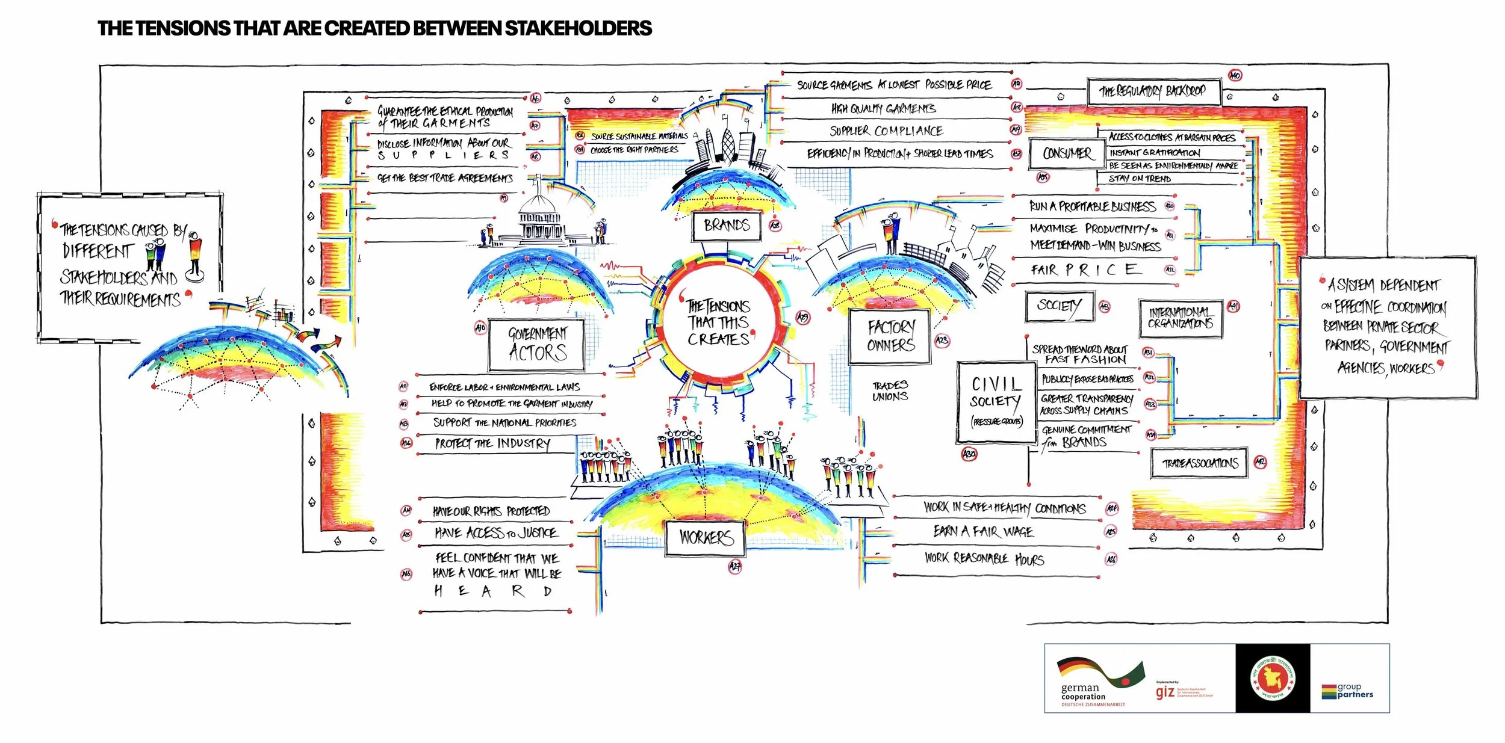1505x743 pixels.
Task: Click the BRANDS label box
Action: click(727, 226)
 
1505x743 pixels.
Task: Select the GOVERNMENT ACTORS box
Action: click(537, 344)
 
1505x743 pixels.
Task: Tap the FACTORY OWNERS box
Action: click(890, 336)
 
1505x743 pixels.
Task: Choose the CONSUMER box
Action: click(1067, 153)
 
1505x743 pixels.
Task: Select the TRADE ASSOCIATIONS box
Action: click(1199, 463)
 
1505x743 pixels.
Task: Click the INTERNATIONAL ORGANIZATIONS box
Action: click(1180, 318)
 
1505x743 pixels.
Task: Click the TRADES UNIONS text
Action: click(890, 390)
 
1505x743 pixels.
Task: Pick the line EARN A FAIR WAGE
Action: click(982, 531)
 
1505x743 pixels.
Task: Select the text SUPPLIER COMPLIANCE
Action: click(886, 131)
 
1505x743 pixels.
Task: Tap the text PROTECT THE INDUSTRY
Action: click(492, 444)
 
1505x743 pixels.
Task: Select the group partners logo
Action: click(1348, 691)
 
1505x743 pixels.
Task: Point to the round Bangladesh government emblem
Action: click(1272, 678)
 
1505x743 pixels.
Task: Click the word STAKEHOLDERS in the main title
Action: click(578, 28)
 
